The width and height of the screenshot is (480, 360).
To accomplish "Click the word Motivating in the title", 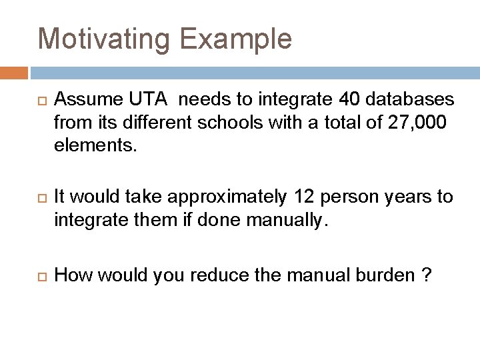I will pos(107,39).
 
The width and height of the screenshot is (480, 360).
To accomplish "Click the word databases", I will pos(409,100).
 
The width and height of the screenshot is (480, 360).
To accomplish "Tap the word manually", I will pos(287,219).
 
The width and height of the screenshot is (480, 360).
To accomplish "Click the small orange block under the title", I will pos(13,73).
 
